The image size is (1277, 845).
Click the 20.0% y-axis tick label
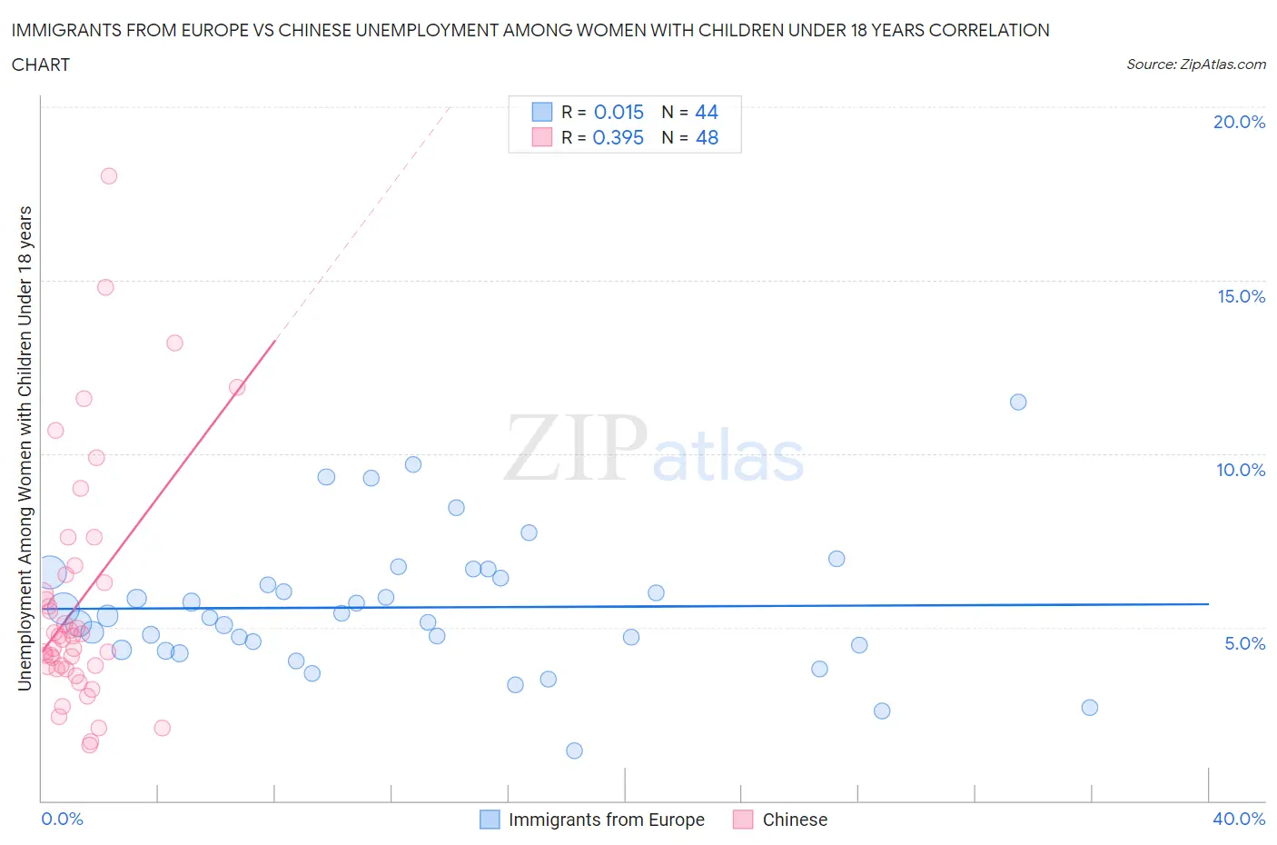pyautogui.click(x=1239, y=122)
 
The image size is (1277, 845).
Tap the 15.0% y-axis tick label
pyautogui.click(x=1241, y=296)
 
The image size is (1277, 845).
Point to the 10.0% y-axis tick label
pyautogui.click(x=1241, y=470)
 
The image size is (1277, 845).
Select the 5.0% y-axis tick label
pyautogui.click(x=1244, y=643)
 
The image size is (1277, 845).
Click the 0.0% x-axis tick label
pyautogui.click(x=62, y=819)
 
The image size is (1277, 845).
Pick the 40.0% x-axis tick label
pyautogui.click(x=1239, y=819)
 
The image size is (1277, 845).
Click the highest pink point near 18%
pyautogui.click(x=109, y=176)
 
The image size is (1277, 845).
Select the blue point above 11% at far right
pyautogui.click(x=1018, y=402)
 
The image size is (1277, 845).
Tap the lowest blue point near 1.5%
pyautogui.click(x=574, y=751)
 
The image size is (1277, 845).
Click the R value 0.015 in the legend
pyautogui.click(x=619, y=112)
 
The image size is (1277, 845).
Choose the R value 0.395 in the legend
pyautogui.click(x=618, y=137)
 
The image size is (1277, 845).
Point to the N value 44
pyautogui.click(x=707, y=112)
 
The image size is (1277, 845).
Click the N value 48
pyautogui.click(x=707, y=137)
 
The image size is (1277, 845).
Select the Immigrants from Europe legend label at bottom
pyautogui.click(x=606, y=820)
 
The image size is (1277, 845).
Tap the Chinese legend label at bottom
pyautogui.click(x=795, y=820)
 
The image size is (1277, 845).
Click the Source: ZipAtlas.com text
pyautogui.click(x=1195, y=65)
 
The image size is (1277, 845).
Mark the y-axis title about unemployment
pyautogui.click(x=25, y=448)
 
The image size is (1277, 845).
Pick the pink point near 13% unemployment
pyautogui.click(x=174, y=343)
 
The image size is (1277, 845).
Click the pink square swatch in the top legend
pyautogui.click(x=542, y=137)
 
